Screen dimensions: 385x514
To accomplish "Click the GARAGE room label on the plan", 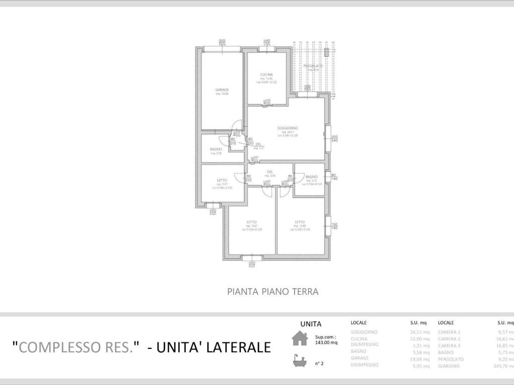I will tap(222, 90).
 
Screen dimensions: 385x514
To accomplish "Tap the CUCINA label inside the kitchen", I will tap(267, 75).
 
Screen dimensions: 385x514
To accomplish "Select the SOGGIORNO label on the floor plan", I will tap(288, 128).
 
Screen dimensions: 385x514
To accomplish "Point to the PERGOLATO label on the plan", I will tap(312, 66).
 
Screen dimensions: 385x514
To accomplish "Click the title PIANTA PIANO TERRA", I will tap(273, 291).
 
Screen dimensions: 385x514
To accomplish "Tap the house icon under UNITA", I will tap(300, 339).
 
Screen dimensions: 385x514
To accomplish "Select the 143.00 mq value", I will tap(326, 343).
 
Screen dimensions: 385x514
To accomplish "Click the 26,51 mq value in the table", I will tap(420, 332).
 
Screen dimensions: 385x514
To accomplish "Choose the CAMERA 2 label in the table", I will tap(449, 339).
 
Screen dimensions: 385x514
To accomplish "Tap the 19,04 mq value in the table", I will tap(420, 359).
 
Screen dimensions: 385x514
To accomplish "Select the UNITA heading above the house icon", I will tap(311, 324).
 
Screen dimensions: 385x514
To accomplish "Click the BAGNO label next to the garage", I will tap(216, 149).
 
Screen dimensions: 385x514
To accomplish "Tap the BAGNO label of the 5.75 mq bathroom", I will tap(311, 176).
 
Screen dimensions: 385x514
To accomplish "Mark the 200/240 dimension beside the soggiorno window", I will tap(335, 139).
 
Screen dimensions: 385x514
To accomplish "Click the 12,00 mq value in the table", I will tap(420, 339).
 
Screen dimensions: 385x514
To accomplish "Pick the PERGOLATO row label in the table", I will tap(451, 359).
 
